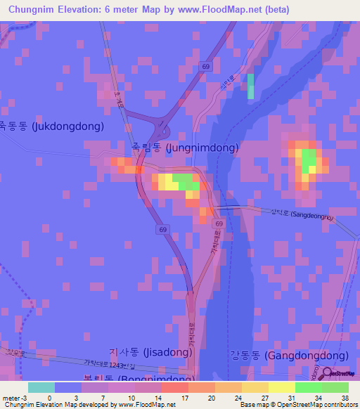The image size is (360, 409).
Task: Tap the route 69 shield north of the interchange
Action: [205, 66]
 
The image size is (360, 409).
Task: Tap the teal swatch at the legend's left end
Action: [41, 387]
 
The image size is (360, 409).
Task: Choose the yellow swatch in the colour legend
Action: [281, 387]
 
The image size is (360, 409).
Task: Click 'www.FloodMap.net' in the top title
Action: [221, 10]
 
